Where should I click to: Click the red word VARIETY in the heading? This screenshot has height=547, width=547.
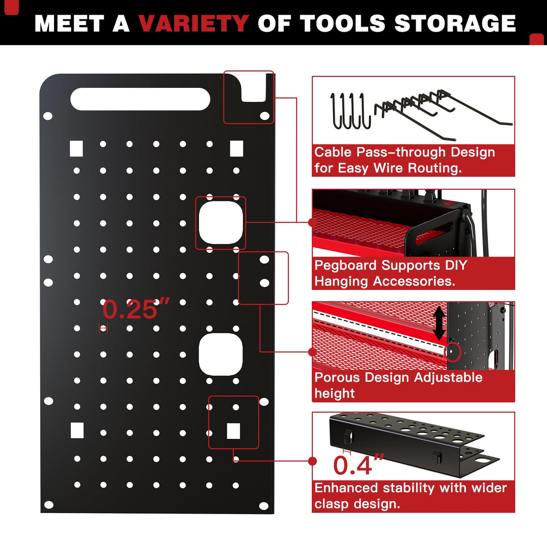point(193,23)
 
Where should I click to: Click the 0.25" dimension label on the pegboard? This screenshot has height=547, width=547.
point(135,310)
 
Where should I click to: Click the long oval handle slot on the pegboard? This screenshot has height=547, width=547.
point(140,99)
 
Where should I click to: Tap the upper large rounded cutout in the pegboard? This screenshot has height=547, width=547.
point(221,223)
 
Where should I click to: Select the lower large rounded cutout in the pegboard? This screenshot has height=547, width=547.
point(221,355)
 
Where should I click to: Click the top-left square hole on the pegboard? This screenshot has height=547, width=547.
point(77,148)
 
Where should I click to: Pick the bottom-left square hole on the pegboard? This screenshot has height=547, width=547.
point(77,430)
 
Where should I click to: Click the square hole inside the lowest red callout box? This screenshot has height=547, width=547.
point(233,431)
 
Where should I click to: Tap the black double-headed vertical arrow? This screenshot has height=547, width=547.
point(439,324)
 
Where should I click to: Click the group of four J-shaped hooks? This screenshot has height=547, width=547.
point(350,111)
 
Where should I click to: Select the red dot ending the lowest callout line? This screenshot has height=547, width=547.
point(312,461)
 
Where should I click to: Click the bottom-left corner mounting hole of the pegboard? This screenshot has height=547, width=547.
point(49,505)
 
